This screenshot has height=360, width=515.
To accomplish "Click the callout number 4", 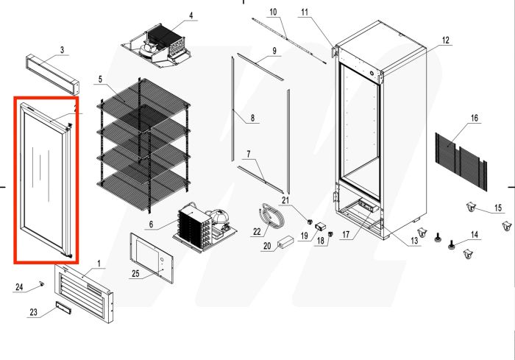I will point(191,15).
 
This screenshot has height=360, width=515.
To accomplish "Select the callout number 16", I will point(474,118).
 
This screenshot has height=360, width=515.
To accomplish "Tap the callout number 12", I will point(445,39).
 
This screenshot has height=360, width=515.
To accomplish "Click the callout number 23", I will point(33,312).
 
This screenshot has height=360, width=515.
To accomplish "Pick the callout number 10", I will point(272,13).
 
